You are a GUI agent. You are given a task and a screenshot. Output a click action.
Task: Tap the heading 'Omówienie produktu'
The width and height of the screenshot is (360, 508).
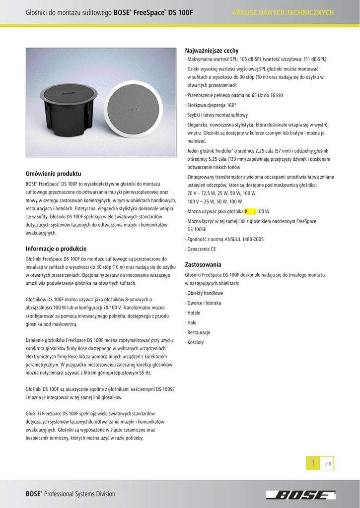53,174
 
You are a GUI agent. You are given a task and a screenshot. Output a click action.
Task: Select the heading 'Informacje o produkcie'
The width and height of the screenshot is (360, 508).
56,249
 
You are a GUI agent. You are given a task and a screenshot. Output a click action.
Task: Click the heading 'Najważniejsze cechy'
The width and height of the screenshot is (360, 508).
212,51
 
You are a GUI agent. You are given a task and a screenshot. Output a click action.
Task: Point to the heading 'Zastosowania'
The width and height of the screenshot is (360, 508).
203,264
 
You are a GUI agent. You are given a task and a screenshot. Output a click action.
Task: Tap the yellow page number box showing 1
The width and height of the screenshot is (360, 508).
313,463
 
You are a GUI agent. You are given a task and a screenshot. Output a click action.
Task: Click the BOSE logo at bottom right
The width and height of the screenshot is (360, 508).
300,495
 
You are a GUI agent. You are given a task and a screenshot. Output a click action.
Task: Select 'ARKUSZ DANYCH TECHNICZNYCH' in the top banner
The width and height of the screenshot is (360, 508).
283,12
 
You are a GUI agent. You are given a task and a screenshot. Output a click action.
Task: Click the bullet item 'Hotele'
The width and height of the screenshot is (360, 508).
194,313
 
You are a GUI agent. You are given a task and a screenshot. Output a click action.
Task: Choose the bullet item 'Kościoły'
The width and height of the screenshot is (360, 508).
196,342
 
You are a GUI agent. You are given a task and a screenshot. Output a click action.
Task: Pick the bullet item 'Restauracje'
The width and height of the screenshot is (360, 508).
198,332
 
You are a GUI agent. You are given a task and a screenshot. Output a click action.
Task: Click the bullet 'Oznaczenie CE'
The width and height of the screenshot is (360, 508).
201,249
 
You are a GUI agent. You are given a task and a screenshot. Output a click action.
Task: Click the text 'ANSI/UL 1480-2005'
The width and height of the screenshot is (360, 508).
242,239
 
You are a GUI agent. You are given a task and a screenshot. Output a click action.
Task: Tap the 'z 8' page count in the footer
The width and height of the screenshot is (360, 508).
328,463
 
